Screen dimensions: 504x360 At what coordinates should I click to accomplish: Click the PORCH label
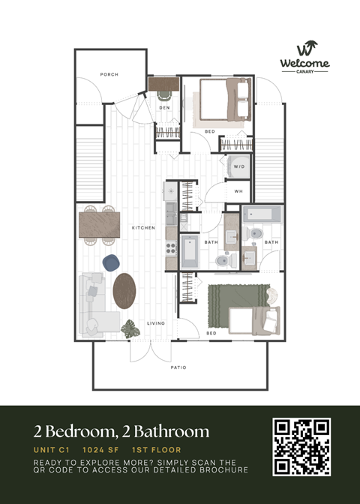tap(109, 74)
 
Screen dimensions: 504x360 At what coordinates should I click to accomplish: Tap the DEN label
tap(163, 108)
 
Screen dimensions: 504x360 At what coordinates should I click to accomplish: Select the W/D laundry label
tap(239, 166)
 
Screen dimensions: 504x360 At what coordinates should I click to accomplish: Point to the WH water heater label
tap(238, 192)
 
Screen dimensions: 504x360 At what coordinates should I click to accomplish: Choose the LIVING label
tap(156, 323)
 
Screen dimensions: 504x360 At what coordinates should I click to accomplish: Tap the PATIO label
tap(178, 367)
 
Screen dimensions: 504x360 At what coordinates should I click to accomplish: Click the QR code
tap(301, 447)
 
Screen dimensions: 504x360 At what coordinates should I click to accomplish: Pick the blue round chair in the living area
tap(112, 262)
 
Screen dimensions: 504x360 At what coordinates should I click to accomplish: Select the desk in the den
tap(163, 85)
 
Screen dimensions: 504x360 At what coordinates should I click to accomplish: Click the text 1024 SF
tap(98, 450)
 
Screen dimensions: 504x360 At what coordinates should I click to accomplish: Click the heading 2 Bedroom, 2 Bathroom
tap(121, 431)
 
